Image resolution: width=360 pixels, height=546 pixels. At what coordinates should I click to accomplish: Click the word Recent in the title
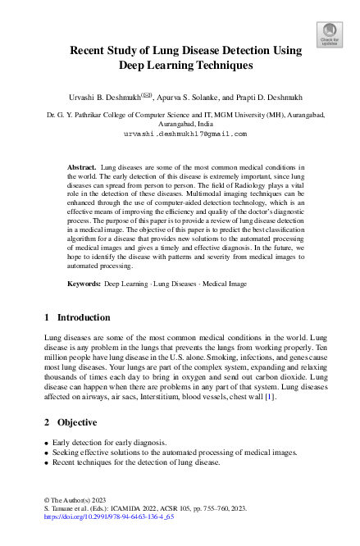92,50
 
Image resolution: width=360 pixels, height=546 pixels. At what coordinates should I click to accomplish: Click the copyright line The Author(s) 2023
71,500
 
